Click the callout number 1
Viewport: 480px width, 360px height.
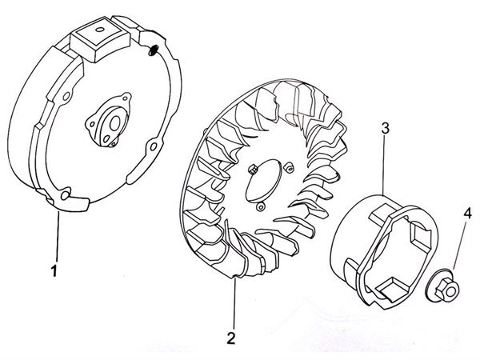point(54,270)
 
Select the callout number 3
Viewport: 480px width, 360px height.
point(385,128)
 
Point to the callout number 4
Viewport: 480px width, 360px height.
point(467,214)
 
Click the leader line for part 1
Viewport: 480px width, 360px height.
point(58,236)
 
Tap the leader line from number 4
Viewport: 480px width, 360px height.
point(459,244)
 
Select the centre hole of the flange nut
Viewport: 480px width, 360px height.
point(450,291)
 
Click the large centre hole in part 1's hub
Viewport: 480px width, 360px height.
point(114,124)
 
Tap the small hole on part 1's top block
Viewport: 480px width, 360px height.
point(99,30)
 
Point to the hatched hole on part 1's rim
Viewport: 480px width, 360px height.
point(153,50)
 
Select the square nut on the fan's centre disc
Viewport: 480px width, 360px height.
point(253,170)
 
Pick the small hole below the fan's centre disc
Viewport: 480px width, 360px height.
point(260,208)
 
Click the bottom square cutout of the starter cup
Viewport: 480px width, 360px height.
point(393,287)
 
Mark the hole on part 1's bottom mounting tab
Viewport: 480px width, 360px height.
point(66,195)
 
